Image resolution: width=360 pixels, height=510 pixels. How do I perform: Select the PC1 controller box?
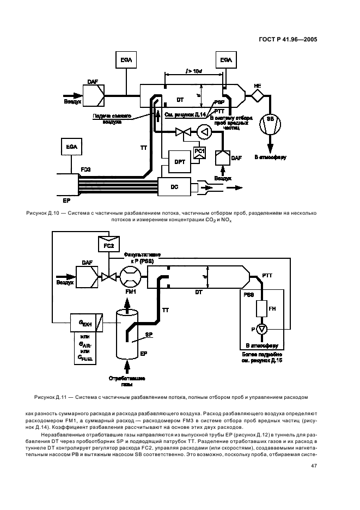[x=199, y=151]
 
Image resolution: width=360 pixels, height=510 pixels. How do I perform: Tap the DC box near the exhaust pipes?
[x=174, y=187]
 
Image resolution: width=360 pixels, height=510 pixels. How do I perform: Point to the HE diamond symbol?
[x=257, y=95]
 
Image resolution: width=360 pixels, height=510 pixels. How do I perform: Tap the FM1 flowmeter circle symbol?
[x=130, y=276]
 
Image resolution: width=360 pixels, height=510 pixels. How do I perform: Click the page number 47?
[x=314, y=466]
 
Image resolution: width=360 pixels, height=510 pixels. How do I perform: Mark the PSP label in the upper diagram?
[x=219, y=102]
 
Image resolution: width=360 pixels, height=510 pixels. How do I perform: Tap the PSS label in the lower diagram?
[x=248, y=295]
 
